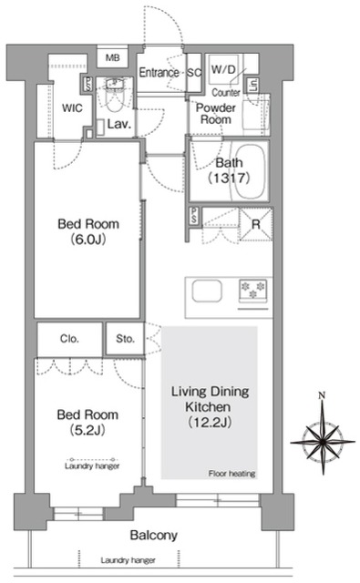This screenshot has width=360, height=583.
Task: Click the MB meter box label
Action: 113,58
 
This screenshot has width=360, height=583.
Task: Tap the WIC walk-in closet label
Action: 72,108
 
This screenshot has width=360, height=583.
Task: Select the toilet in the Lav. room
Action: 113,96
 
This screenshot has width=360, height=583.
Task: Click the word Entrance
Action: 159,72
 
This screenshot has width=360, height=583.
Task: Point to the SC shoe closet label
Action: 194,73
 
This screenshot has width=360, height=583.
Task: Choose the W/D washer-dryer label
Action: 223,69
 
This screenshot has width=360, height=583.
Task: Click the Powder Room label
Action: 216,113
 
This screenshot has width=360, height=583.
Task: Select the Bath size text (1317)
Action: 229,179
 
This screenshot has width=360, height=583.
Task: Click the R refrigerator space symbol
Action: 256,224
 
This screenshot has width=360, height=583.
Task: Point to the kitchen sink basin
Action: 207,291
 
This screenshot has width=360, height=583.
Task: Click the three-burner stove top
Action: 253,290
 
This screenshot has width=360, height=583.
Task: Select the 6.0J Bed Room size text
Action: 88,240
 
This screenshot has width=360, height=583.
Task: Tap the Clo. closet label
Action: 69,339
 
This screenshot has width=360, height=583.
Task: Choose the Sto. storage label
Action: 125,339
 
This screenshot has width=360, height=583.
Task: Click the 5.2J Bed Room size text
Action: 87,430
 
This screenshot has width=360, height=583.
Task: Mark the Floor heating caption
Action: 231,474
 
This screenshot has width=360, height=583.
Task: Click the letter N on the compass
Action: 323,395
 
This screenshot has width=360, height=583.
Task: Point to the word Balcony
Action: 154,536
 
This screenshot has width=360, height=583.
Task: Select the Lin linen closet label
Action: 253,86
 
